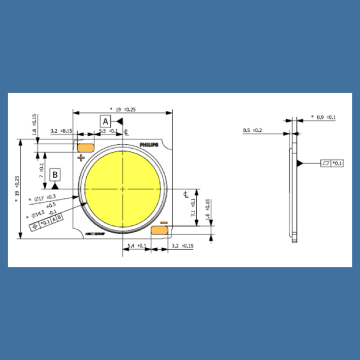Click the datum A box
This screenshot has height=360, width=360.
point(103,121)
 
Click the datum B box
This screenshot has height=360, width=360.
point(57,174)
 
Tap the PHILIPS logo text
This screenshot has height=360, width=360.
point(147,146)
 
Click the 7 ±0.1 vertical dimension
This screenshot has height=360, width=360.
point(207,208)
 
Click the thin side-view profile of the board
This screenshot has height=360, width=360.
point(295,190)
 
